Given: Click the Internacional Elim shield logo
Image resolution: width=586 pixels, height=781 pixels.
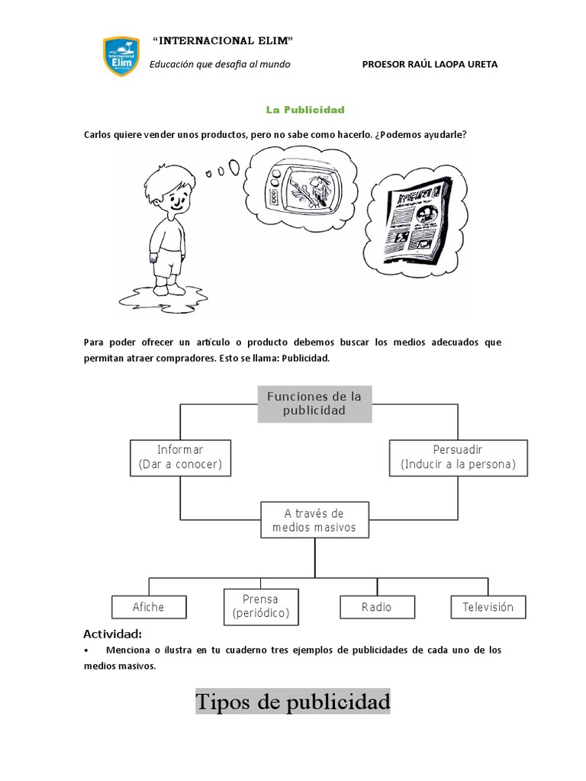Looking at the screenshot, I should pos(121,56).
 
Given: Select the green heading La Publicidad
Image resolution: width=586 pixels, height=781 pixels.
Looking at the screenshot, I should pos(305,109).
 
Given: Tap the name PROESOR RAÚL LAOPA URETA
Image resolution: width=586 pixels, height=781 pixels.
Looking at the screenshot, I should pos(430,65).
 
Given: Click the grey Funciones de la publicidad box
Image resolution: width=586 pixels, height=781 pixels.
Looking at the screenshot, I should pos(314,403).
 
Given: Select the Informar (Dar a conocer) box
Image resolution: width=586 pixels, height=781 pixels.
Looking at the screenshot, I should pos(180,457).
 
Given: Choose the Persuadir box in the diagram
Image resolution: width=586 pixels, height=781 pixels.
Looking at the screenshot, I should pos(458,457).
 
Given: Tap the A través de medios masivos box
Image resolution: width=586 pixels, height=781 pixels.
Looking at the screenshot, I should pos(314,520).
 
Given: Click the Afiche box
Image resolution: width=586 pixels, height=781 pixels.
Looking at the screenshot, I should pos(148,607).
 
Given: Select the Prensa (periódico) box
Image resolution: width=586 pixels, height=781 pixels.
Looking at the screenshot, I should pos(260,606).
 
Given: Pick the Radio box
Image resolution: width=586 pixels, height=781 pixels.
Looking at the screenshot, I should pos(377,607).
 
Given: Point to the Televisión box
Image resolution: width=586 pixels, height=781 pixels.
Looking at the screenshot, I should pos(488,607).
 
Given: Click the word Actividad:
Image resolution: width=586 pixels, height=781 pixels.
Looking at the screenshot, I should pos(112,634).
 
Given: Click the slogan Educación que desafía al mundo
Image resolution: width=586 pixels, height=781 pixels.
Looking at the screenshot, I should pos(220,65).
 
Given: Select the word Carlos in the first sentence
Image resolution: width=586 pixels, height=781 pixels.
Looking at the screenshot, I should pos(98,135).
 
